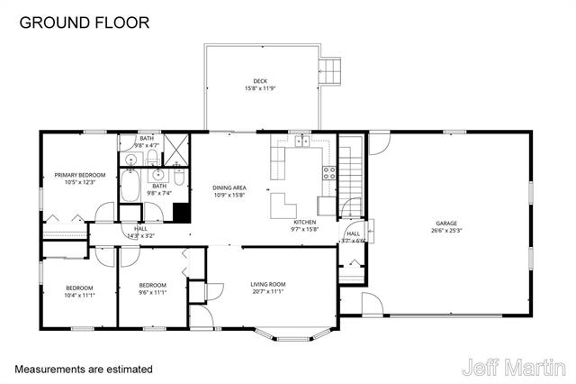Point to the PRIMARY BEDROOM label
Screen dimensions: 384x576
pyautogui.click(x=79, y=175)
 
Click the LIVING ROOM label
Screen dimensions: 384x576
pyautogui.click(x=267, y=285)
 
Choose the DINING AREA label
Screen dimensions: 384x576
pyautogui.click(x=229, y=187)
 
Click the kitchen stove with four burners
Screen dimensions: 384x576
pyautogui.click(x=328, y=173)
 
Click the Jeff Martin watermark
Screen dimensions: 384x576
pyautogui.click(x=514, y=368)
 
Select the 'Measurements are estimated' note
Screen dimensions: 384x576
pyautogui.click(x=84, y=370)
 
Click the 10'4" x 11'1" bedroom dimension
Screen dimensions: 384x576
pyautogui.click(x=79, y=295)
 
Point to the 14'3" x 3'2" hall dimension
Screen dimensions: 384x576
pyautogui.click(x=141, y=236)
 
